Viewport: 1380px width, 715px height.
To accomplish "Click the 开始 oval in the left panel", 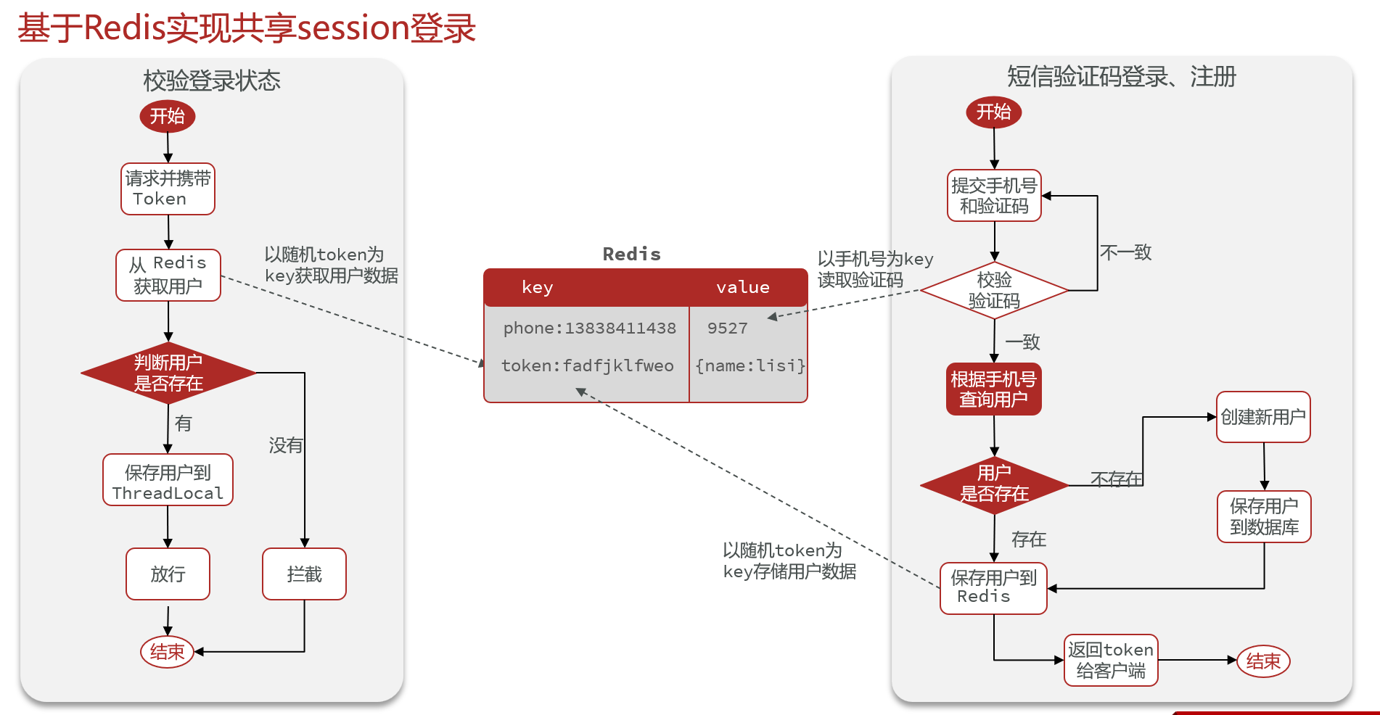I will click(168, 116).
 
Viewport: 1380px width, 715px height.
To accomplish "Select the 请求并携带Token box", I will click(168, 189).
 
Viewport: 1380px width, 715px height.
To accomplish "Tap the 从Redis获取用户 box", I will click(168, 275).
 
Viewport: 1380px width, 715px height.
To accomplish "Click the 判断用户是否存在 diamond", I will click(168, 373).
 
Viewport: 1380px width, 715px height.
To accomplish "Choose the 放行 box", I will click(168, 574).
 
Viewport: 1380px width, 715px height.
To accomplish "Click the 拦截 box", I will click(304, 574).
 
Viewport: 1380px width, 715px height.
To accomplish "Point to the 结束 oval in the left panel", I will click(167, 652).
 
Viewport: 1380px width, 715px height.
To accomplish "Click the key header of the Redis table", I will click(537, 287).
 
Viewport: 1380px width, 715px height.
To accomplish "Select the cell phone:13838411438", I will click(589, 328).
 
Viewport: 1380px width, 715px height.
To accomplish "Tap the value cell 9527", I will click(727, 328).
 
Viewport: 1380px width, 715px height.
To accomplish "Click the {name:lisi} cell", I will click(749, 366).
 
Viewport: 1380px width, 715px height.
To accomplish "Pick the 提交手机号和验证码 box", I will click(994, 196).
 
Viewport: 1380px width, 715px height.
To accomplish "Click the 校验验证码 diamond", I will click(994, 290).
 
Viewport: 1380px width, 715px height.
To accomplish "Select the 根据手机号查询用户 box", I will click(994, 389).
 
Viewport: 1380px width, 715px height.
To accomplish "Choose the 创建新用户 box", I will click(1263, 417).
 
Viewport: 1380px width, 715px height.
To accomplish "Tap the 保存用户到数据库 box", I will click(1264, 516).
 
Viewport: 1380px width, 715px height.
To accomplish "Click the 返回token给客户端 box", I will click(1111, 660).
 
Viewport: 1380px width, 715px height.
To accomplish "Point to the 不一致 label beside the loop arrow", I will click(1125, 252).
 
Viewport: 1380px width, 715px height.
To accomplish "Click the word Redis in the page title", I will click(125, 28).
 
